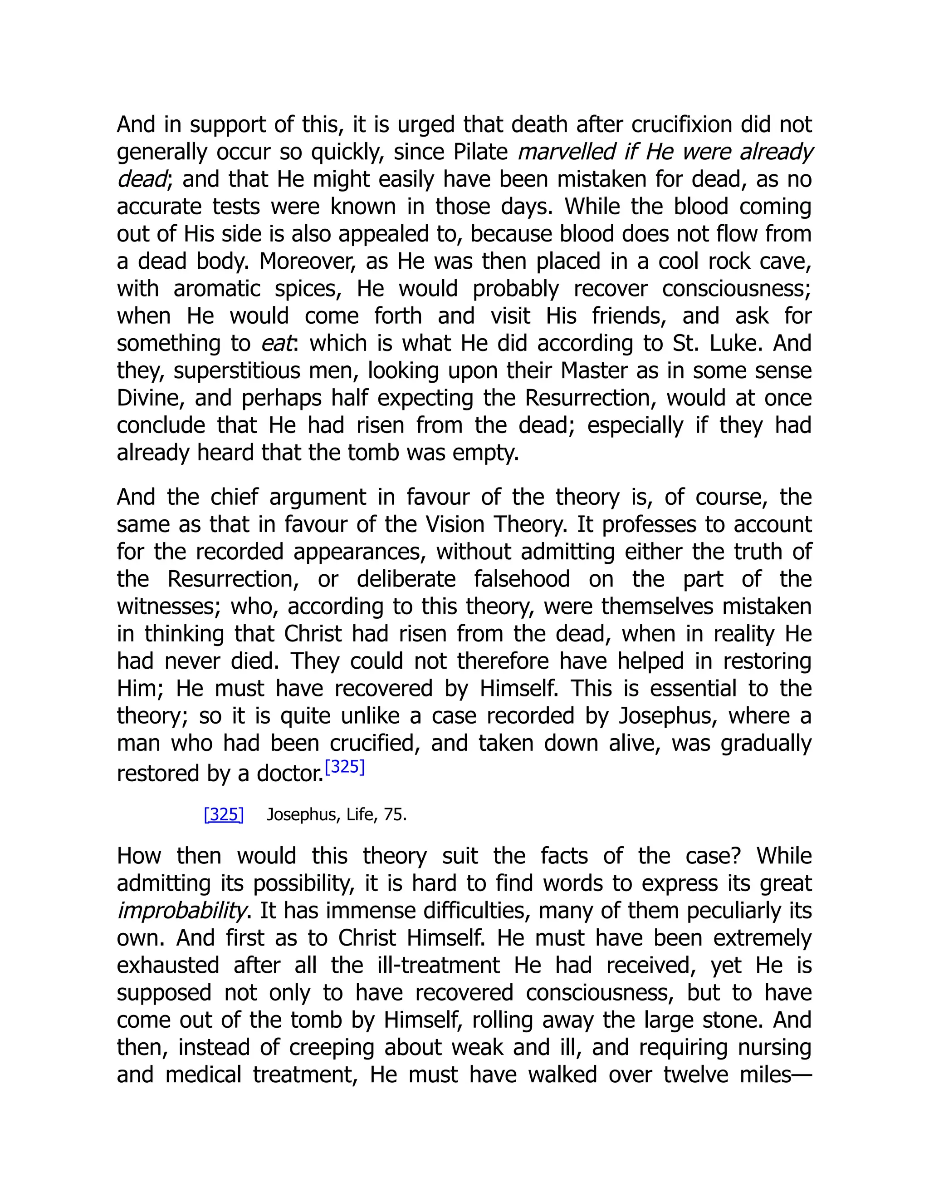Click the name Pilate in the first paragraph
tap(480, 152)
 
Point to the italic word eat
tap(277, 343)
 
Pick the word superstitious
tap(237, 371)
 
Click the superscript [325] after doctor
tap(345, 767)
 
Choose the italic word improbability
tap(181, 911)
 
